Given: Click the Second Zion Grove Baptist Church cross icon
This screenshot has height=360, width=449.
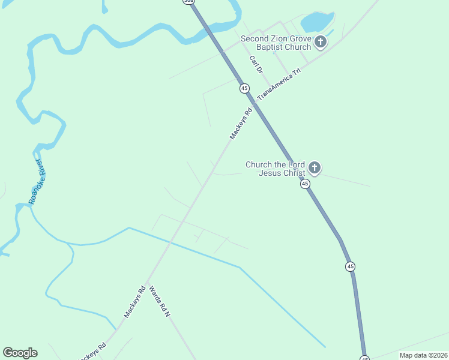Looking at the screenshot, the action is point(321,42).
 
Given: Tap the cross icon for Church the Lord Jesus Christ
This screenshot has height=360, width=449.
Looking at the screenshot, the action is point(314,168).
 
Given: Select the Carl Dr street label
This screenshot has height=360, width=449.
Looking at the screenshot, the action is point(256,65).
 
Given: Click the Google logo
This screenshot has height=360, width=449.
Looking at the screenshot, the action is point(20,353).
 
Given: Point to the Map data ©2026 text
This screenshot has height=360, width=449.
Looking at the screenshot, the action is point(423,355).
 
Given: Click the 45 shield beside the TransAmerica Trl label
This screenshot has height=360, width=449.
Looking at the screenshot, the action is point(244,88).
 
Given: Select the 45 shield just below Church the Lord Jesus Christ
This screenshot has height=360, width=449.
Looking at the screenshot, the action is point(305,184).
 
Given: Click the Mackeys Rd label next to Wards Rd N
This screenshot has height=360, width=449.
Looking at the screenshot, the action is point(135,301).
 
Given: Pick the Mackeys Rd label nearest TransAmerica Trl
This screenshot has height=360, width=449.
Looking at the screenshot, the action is point(240,124).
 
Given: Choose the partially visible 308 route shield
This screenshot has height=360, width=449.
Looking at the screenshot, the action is point(189,2).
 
